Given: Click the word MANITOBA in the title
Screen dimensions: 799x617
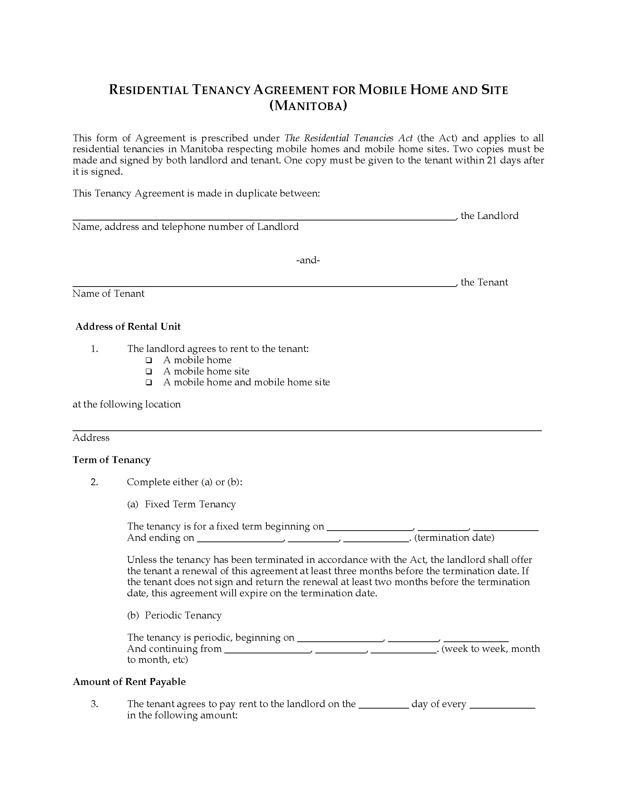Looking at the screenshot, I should point(308,106).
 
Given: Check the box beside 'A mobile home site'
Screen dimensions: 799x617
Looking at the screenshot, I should point(149,371).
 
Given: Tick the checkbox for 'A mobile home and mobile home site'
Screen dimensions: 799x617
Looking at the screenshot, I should point(149,383).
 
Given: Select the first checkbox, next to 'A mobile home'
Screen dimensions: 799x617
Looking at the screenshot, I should point(149,360).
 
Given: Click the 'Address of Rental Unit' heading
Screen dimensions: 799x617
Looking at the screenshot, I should point(128,327).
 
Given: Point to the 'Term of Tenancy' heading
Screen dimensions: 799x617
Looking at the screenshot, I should point(111,460).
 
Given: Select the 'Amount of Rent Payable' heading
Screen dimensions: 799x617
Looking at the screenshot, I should point(129,682).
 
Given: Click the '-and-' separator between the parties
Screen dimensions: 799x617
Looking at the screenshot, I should point(308,260).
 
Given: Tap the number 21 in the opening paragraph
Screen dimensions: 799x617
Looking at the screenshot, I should point(492,160).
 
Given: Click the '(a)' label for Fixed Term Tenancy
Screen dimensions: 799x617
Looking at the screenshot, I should point(133,504).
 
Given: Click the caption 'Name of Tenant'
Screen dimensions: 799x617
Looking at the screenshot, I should point(108,293).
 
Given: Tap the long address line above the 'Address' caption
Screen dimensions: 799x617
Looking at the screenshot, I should point(307,430).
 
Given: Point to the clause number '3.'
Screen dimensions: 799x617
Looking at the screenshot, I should point(94,704).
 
